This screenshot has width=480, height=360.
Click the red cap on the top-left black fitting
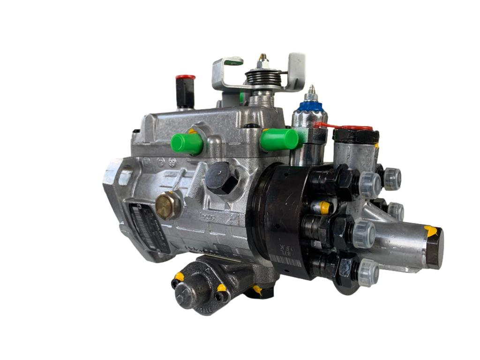[x=185, y=78]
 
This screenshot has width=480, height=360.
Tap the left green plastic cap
[x=187, y=143]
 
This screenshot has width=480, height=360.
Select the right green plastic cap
[x=279, y=139]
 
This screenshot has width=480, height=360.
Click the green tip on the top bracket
[x=234, y=61]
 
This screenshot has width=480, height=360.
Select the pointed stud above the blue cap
[x=311, y=91]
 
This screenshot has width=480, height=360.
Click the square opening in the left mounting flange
[x=125, y=177]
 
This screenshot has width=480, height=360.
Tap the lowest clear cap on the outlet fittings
[x=368, y=272]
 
